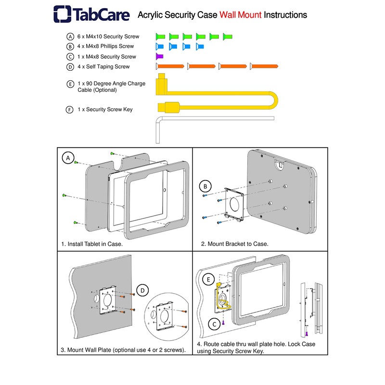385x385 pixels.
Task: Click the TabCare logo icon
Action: [x=63, y=14]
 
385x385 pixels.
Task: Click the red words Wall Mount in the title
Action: [x=241, y=15]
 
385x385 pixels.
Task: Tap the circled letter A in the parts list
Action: [x=71, y=37]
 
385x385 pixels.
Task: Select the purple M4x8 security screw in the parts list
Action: [x=160, y=57]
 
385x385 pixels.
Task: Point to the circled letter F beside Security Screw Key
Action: [x=70, y=110]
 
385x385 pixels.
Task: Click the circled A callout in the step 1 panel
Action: [x=69, y=158]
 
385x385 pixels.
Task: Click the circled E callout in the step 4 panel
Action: [x=209, y=279]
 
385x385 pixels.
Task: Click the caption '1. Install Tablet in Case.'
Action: [x=92, y=244]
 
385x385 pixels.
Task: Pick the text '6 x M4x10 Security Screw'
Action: [x=108, y=37]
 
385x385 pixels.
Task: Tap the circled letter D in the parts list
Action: [x=71, y=67]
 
